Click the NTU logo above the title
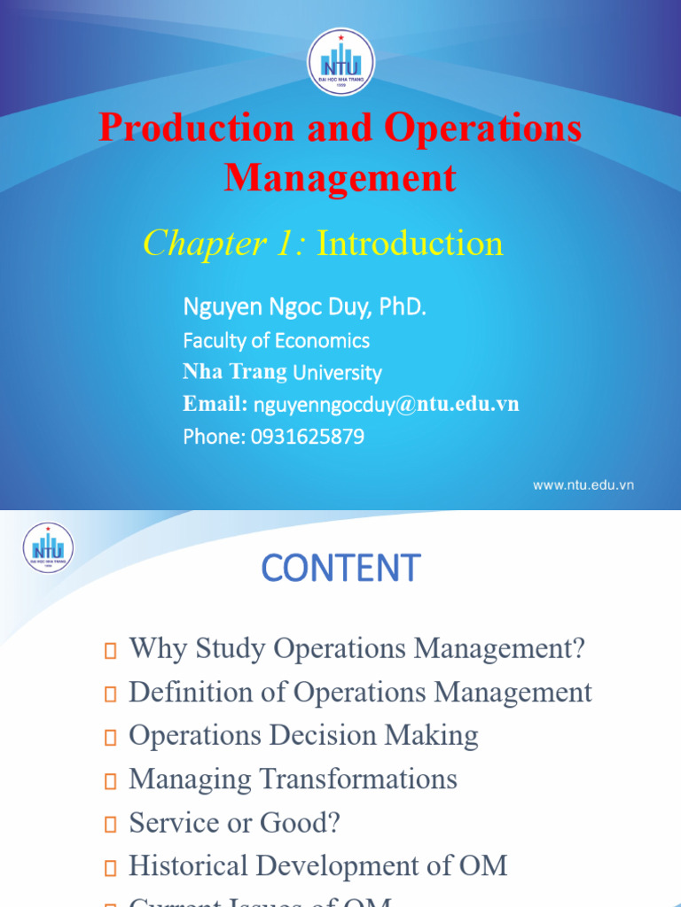pyautogui.click(x=340, y=62)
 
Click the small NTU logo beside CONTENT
pyautogui.click(x=48, y=547)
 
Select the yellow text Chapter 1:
pyautogui.click(x=225, y=243)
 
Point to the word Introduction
pyautogui.click(x=410, y=243)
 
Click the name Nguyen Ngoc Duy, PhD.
pyautogui.click(x=305, y=308)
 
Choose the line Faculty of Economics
pyautogui.click(x=276, y=341)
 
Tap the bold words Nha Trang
pyautogui.click(x=235, y=372)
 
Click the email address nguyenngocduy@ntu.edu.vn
pyautogui.click(x=386, y=405)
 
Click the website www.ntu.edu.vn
pyautogui.click(x=583, y=485)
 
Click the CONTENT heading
pyautogui.click(x=340, y=568)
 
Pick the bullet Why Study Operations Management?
pyautogui.click(x=357, y=648)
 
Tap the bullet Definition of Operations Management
pyautogui.click(x=360, y=692)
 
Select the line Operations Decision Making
pyautogui.click(x=303, y=735)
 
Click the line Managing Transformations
pyautogui.click(x=293, y=779)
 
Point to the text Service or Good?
pyautogui.click(x=234, y=823)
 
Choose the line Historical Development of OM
pyautogui.click(x=317, y=865)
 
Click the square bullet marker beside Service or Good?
pyautogui.click(x=110, y=825)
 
